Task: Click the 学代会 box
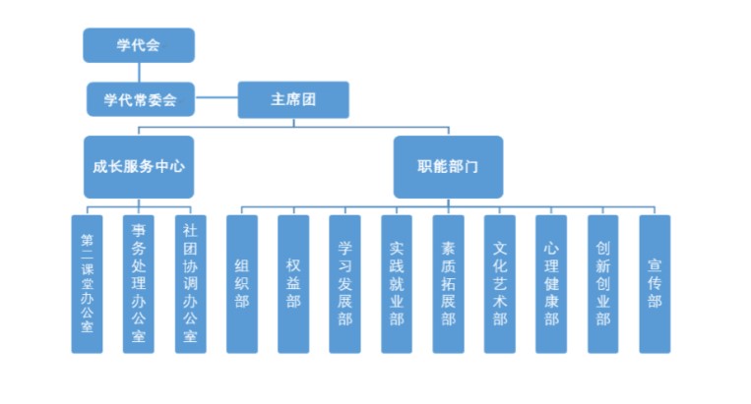(139, 45)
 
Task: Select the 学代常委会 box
(139, 98)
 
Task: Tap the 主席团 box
(293, 98)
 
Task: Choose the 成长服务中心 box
(139, 167)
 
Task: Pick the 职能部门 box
(448, 167)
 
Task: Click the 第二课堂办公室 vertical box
(87, 283)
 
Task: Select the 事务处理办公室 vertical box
(139, 283)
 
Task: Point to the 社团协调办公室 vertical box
(190, 283)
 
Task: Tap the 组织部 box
(242, 283)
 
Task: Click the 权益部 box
(293, 283)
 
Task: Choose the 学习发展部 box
(345, 283)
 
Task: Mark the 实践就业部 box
(397, 283)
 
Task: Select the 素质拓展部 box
(448, 283)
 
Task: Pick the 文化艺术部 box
(500, 283)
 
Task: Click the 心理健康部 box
(551, 283)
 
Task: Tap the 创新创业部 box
(602, 283)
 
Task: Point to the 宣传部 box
(655, 283)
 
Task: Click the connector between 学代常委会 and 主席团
(216, 98)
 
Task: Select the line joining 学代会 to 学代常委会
(139, 72)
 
